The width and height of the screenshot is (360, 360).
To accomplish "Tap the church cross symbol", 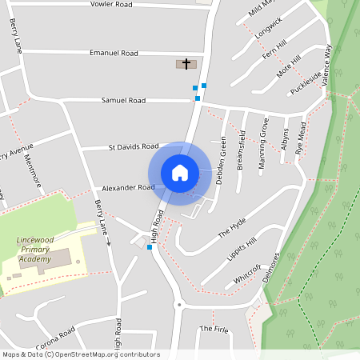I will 187,63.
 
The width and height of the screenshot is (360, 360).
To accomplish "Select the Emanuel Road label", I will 114,54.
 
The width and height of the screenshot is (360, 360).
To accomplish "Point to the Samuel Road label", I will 123,101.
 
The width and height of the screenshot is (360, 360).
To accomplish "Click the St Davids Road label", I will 134,147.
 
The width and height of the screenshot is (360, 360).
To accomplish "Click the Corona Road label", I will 55,333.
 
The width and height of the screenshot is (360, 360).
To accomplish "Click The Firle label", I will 214,329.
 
